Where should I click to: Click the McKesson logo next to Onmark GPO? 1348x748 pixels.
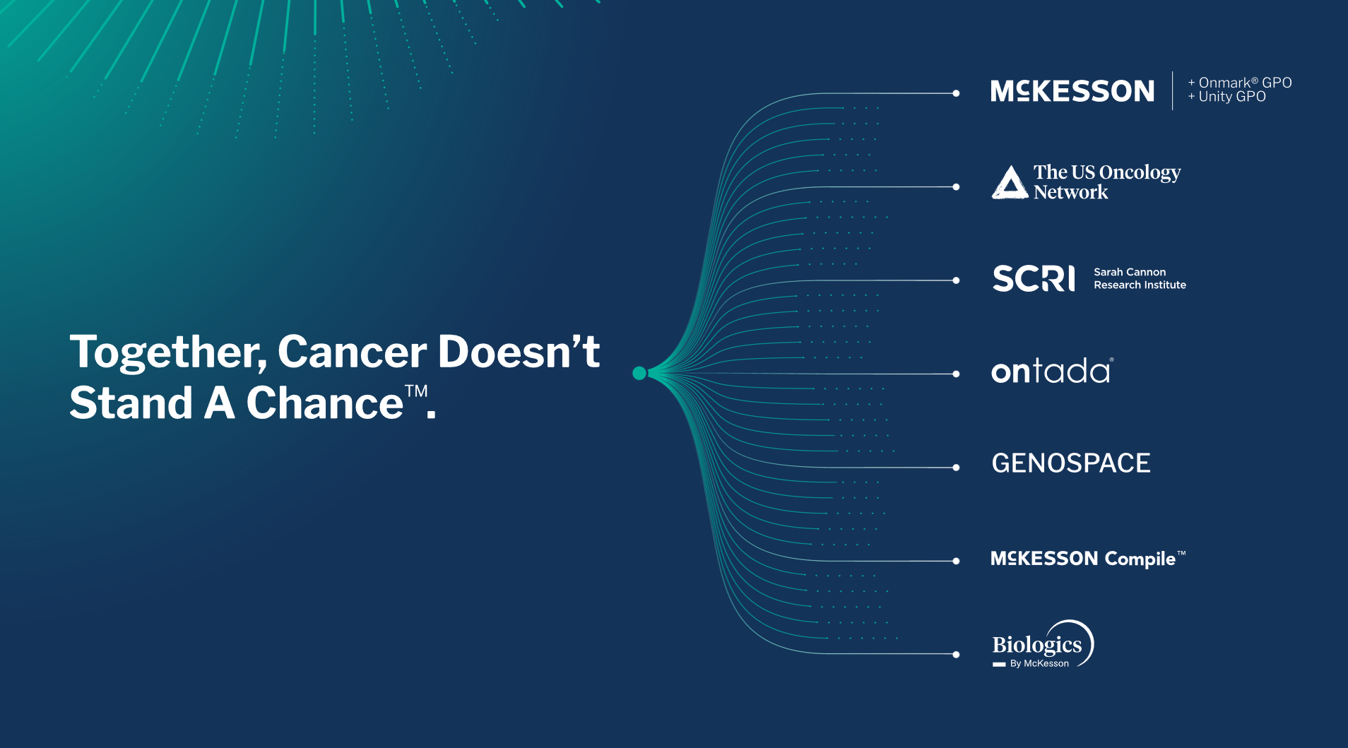[1072, 91]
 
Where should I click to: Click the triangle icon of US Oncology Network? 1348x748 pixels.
[1010, 182]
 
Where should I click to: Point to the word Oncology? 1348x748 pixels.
[1140, 173]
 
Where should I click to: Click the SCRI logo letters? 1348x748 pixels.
[1034, 278]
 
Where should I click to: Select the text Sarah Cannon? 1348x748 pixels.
[1130, 272]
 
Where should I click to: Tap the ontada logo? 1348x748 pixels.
[1052, 371]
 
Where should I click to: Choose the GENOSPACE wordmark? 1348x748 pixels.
[1071, 463]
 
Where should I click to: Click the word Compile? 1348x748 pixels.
[1140, 559]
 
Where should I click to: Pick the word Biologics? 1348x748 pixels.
[1037, 644]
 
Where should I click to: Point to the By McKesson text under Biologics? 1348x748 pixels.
[1039, 664]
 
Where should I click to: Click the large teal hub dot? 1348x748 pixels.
[639, 373]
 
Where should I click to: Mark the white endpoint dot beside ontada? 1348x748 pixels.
[956, 374]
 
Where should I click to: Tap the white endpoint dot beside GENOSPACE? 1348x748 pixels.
[956, 468]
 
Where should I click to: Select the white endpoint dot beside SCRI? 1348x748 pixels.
[956, 280]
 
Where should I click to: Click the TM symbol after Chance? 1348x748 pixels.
[416, 391]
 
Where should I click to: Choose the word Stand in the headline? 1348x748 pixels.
[131, 403]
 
